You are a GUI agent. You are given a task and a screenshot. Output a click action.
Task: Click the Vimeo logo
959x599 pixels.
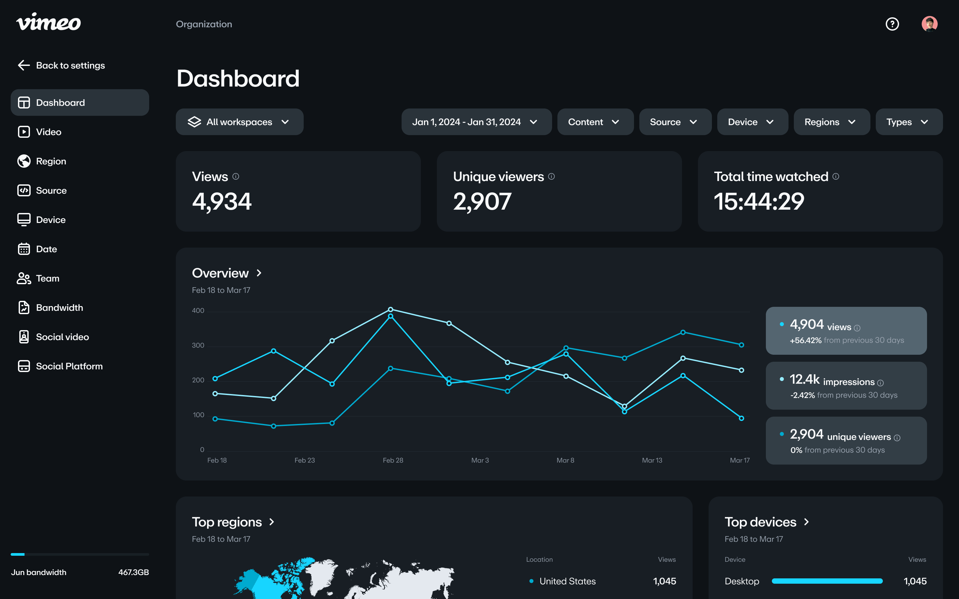[48, 22]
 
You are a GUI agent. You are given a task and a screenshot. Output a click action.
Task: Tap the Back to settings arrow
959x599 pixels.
[24, 65]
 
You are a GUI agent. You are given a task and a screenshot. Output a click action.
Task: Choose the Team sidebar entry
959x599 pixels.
[47, 279]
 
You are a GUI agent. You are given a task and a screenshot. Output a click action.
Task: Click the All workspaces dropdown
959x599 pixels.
[239, 122]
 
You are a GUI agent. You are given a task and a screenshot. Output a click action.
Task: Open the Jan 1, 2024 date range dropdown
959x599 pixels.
[476, 122]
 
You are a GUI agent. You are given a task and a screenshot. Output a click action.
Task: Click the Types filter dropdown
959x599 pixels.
[909, 122]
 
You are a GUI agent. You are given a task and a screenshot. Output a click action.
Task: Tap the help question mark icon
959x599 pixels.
[892, 24]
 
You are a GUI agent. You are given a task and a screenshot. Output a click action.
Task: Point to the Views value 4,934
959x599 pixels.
[222, 201]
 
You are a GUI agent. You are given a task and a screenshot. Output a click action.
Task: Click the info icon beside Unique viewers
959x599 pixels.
[551, 177]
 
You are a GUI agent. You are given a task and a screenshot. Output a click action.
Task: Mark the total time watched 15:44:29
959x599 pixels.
[759, 201]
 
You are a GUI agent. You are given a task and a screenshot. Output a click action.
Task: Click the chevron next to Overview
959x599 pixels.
[259, 273]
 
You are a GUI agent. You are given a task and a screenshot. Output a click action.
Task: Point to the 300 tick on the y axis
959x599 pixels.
[198, 345]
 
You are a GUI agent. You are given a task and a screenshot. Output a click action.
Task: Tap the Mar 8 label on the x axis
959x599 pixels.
[565, 460]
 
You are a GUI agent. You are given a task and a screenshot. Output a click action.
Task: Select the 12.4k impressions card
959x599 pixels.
[846, 385]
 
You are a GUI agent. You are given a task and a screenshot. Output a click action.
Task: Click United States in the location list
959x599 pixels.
[567, 581]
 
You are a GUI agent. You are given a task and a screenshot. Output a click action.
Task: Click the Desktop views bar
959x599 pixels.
[827, 581]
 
